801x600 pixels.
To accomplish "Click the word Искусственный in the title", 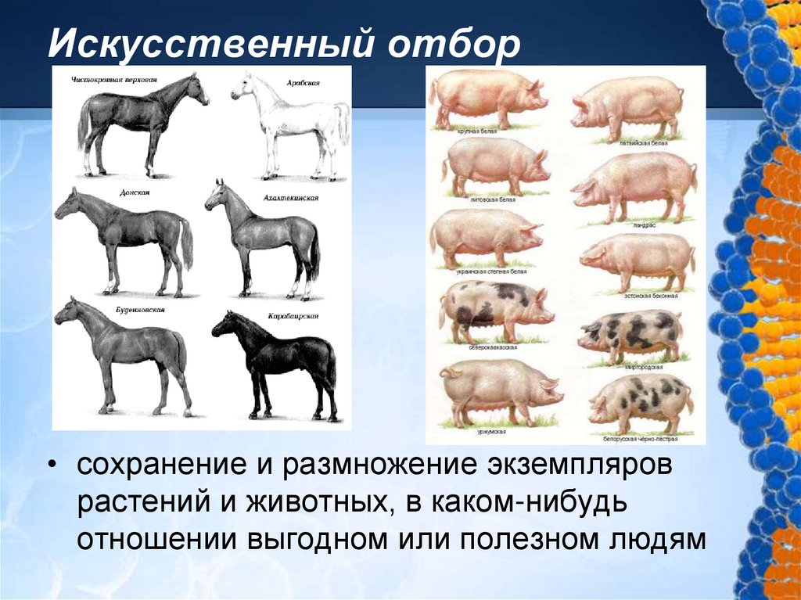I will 207,45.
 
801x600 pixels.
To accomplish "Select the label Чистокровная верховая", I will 114,80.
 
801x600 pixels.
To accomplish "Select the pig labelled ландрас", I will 634,185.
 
